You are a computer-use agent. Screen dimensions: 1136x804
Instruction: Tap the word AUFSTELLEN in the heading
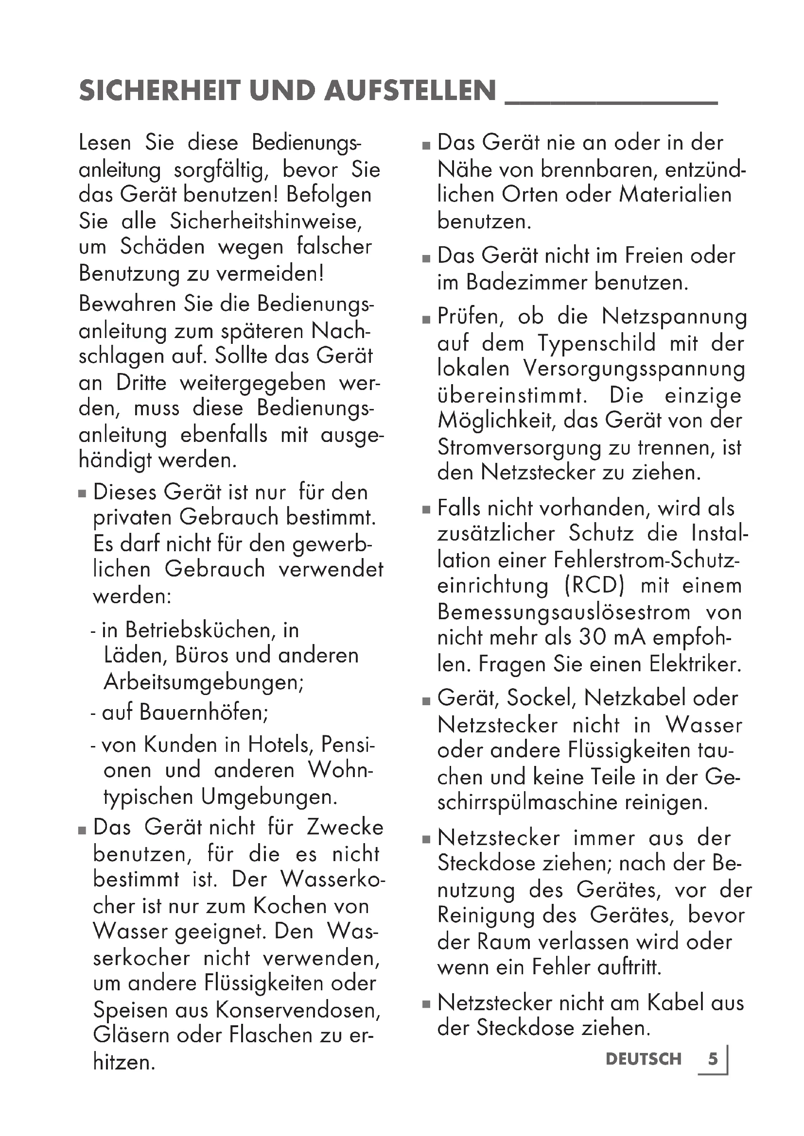410,90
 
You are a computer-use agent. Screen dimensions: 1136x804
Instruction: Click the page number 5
713,1059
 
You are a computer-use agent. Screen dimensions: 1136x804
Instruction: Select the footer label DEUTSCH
644,1059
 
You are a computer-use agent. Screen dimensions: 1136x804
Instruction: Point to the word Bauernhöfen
204,712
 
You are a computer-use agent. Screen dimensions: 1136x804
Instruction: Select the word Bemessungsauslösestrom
563,612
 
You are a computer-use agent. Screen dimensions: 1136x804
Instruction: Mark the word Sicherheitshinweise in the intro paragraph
266,221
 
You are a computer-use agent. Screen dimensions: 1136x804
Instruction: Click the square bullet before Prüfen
427,320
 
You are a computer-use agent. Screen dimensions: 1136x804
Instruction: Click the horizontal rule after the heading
611,102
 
